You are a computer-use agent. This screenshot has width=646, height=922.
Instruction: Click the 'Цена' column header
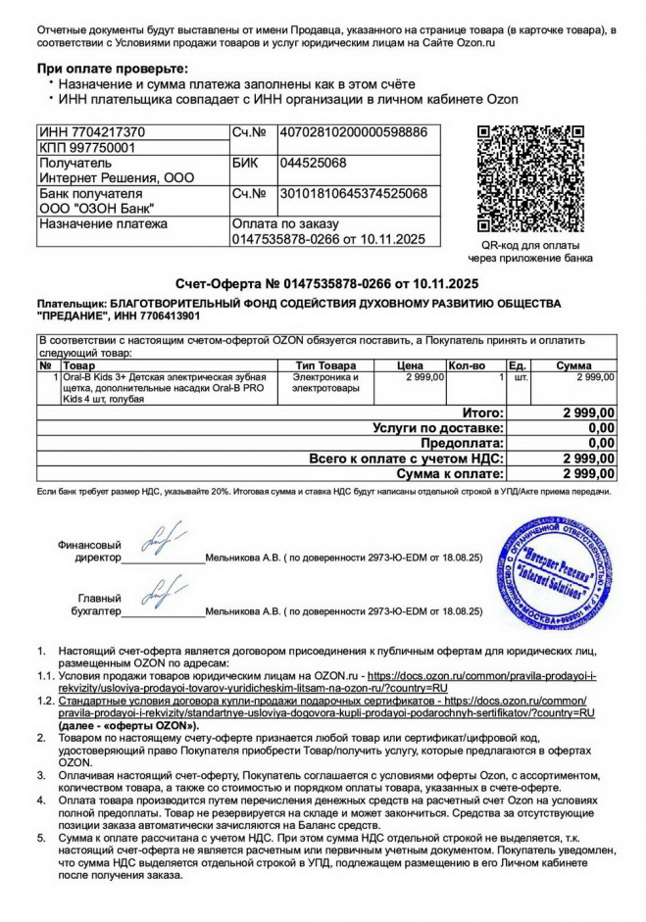click(410, 365)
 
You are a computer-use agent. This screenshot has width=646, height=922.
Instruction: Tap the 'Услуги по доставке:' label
click(439, 428)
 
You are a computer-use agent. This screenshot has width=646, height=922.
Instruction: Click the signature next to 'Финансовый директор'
click(159, 542)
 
